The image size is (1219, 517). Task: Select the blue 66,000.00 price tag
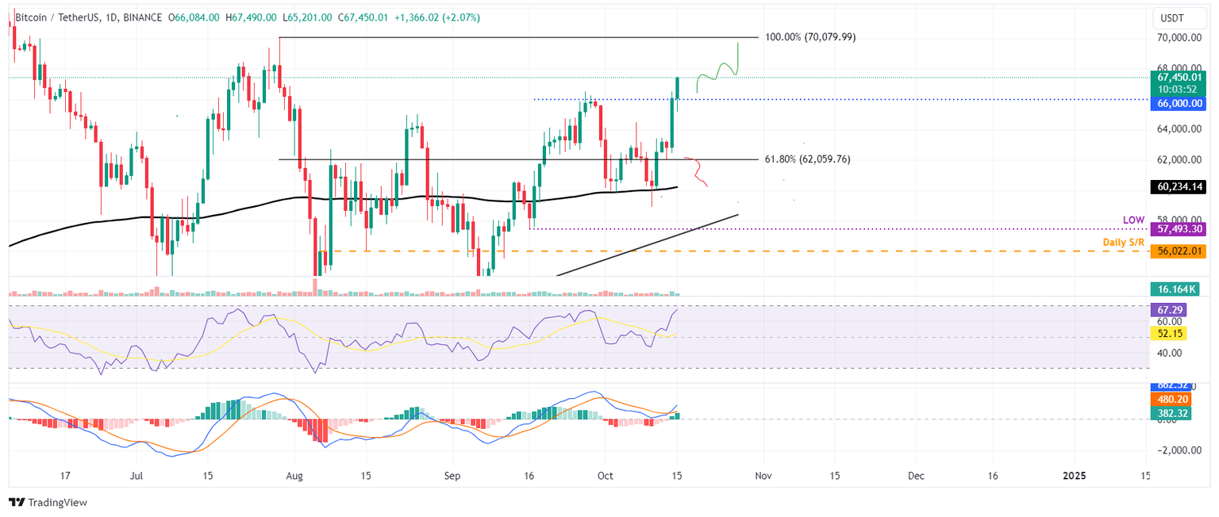tap(1177, 104)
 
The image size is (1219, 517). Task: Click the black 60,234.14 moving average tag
tap(1177, 187)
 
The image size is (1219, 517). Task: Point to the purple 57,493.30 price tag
tap(1177, 228)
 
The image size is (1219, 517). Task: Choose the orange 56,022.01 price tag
tap(1177, 251)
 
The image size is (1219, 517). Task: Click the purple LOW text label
tap(1133, 219)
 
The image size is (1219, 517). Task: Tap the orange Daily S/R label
tap(1125, 241)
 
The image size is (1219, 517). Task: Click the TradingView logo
tap(48, 502)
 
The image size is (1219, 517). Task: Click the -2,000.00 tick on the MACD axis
tap(1178, 450)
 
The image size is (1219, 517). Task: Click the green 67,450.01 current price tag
tap(1177, 77)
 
